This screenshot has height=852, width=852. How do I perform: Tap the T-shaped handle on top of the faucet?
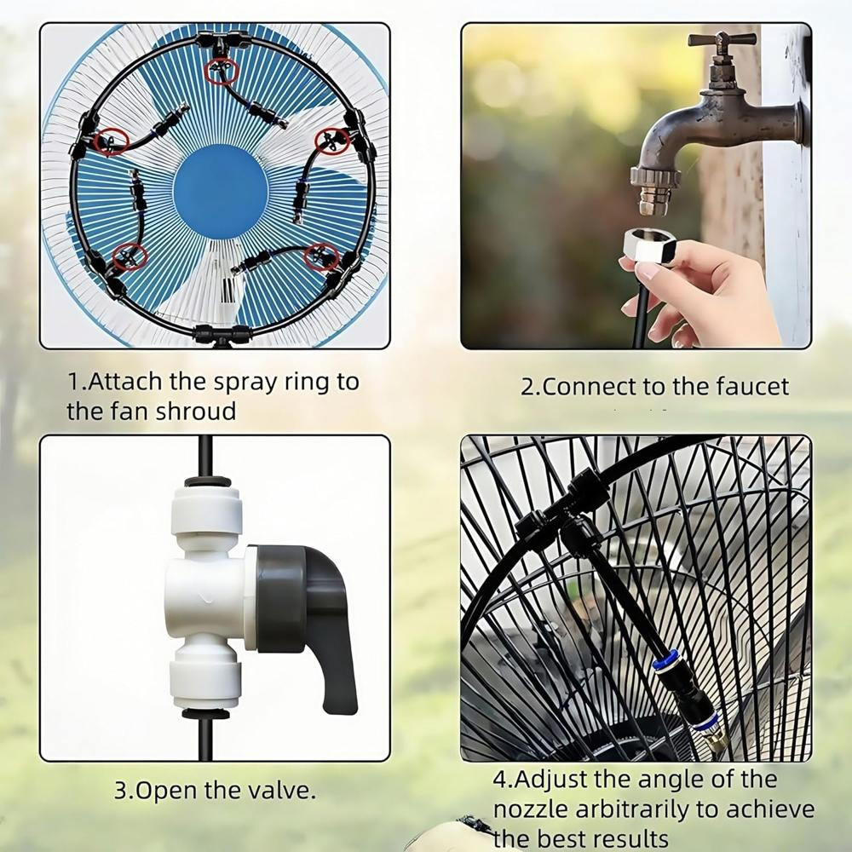(722, 40)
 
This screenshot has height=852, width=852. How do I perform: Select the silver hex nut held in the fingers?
(649, 246)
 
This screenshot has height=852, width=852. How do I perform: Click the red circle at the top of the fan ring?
(222, 72)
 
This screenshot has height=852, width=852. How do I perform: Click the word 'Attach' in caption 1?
(124, 382)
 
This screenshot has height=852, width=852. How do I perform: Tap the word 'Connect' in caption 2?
(589, 387)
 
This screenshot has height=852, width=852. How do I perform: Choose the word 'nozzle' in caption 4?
(530, 809)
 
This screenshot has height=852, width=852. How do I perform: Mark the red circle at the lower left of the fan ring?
(130, 256)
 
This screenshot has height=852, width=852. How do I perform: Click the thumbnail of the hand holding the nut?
(636, 185)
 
